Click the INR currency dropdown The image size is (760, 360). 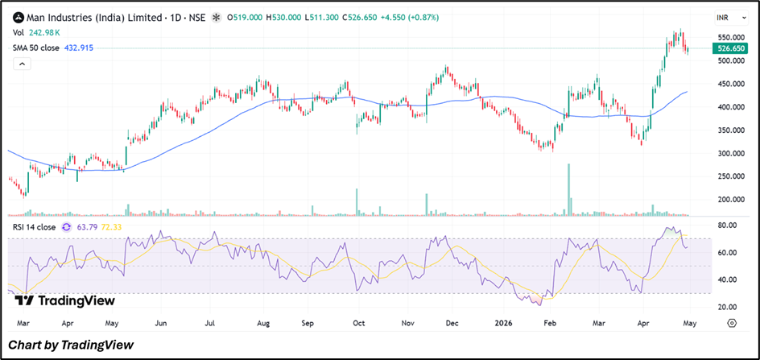(x=731, y=18)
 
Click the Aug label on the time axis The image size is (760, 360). (x=263, y=323)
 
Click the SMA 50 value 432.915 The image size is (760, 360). (x=79, y=48)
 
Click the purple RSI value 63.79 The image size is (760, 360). (x=84, y=226)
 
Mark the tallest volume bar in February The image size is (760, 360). (x=568, y=190)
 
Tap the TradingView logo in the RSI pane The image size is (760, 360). (x=64, y=301)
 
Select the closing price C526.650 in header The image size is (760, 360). (x=359, y=18)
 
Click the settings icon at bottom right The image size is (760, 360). (x=732, y=323)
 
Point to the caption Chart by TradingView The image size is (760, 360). (x=71, y=345)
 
